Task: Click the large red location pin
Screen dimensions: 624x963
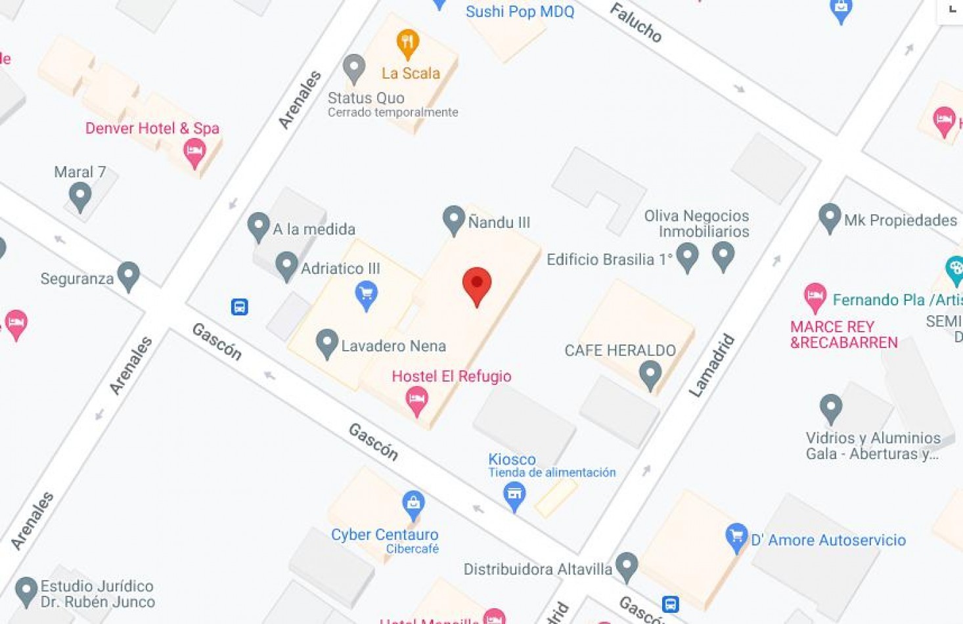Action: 477,285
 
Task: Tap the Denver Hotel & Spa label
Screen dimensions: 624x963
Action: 152,128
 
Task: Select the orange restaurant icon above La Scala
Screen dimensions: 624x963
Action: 408,43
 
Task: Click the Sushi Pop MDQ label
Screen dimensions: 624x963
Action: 520,11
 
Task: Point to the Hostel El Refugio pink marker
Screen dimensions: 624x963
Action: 416,399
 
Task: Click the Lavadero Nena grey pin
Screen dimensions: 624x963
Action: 326,343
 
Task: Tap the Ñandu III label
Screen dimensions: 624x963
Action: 499,222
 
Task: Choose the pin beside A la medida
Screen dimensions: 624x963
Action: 258,227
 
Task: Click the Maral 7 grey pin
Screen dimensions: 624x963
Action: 80,196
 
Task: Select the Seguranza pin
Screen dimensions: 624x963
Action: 129,276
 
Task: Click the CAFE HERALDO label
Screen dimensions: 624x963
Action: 620,350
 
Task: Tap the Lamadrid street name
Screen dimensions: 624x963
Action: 711,365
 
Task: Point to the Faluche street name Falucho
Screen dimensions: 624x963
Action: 635,22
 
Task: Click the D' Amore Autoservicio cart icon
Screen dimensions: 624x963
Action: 736,537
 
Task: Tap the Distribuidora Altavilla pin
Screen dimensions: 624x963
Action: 627,566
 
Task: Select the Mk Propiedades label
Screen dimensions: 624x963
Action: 900,220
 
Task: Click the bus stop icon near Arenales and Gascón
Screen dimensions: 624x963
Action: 239,307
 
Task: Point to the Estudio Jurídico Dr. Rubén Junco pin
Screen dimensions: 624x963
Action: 26,591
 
